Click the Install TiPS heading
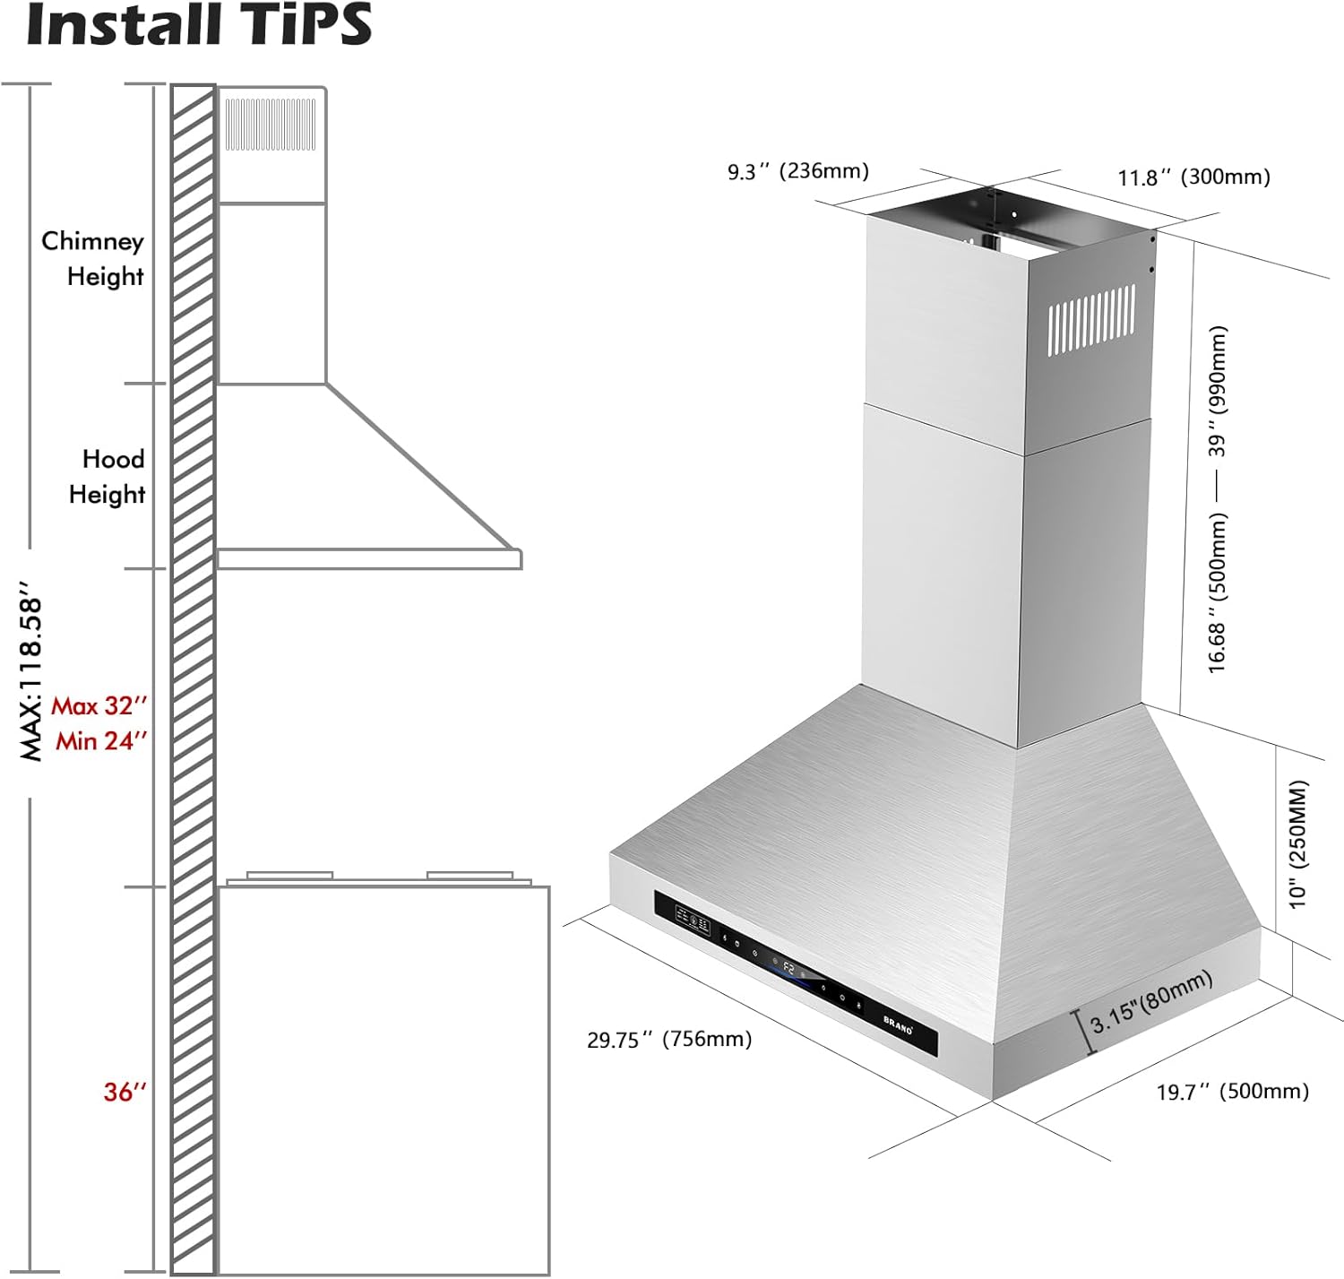tap(198, 24)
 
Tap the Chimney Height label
tap(92, 258)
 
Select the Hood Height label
tap(108, 476)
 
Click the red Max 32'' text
tap(99, 706)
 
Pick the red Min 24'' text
tap(100, 741)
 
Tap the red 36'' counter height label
tap(125, 1092)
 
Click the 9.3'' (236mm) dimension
tap(797, 171)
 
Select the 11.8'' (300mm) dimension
tap(1193, 177)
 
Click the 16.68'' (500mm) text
tap(1218, 592)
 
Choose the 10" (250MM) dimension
tap(1298, 843)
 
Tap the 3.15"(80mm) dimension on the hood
tap(1150, 1001)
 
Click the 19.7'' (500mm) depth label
tap(1232, 1091)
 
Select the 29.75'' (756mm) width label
tap(669, 1039)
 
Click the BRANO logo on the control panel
tap(897, 1025)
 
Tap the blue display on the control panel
tap(788, 971)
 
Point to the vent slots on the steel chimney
tap(1091, 317)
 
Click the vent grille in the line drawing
tap(270, 124)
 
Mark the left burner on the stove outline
tap(289, 875)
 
